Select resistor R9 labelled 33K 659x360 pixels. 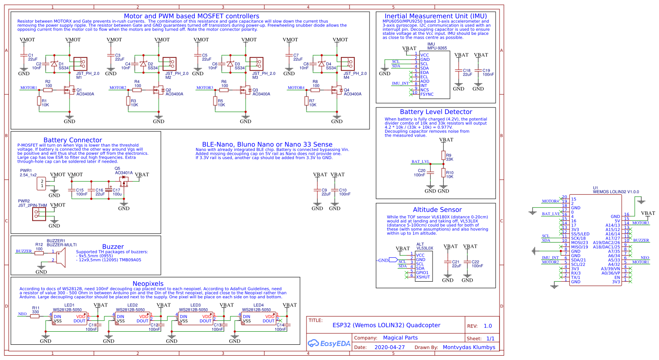pos(443,155)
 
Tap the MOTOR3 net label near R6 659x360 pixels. pos(205,88)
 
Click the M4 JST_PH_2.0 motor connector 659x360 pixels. pos(348,64)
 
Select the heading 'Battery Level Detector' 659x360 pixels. pos(436,112)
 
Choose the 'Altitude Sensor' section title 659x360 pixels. pos(437,210)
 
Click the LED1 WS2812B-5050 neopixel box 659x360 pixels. pos(70,318)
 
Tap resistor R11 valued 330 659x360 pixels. pos(35,316)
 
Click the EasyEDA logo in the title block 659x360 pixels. pos(329,343)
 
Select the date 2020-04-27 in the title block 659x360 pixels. pos(389,347)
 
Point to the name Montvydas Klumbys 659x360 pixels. pos(469,347)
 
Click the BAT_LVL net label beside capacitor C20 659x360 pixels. pos(420,162)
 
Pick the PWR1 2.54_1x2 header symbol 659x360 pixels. pos(42,183)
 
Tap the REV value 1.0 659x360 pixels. pos(488,326)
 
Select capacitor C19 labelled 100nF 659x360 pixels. pos(478,70)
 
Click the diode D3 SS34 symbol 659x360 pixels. pos(230,64)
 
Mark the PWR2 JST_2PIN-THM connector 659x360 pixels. pos(39,214)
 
